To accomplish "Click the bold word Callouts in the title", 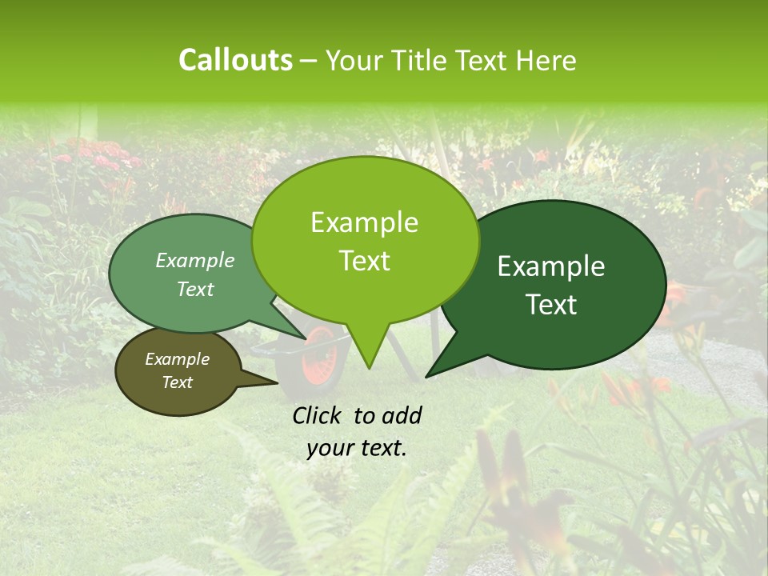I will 235,60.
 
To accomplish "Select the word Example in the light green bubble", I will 364,222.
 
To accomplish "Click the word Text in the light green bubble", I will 364,261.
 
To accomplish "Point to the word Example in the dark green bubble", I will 551,266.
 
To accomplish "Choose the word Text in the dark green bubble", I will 551,305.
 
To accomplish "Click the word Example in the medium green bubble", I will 194,260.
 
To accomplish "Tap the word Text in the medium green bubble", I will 194,289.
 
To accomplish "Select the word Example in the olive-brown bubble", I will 177,359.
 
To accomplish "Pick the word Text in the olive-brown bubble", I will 177,382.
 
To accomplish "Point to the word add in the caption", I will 402,415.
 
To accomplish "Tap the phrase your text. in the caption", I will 356,448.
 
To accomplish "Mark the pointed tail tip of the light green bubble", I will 368,369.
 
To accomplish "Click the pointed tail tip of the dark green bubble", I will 426,377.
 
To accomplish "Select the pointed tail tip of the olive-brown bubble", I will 278,383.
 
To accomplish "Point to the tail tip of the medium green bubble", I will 306,338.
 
